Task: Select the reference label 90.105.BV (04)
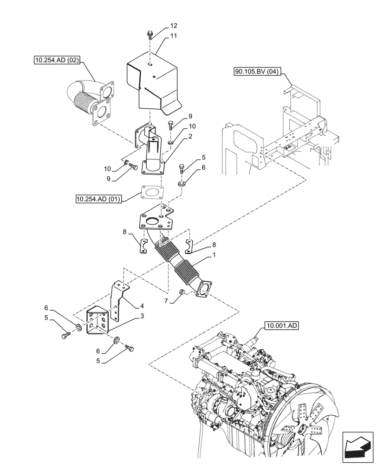click(x=256, y=71)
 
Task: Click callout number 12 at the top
click(x=161, y=26)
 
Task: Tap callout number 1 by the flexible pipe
click(x=214, y=255)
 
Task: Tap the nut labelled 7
click(x=182, y=292)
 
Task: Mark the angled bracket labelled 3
click(x=98, y=321)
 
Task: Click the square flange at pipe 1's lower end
click(x=203, y=287)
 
